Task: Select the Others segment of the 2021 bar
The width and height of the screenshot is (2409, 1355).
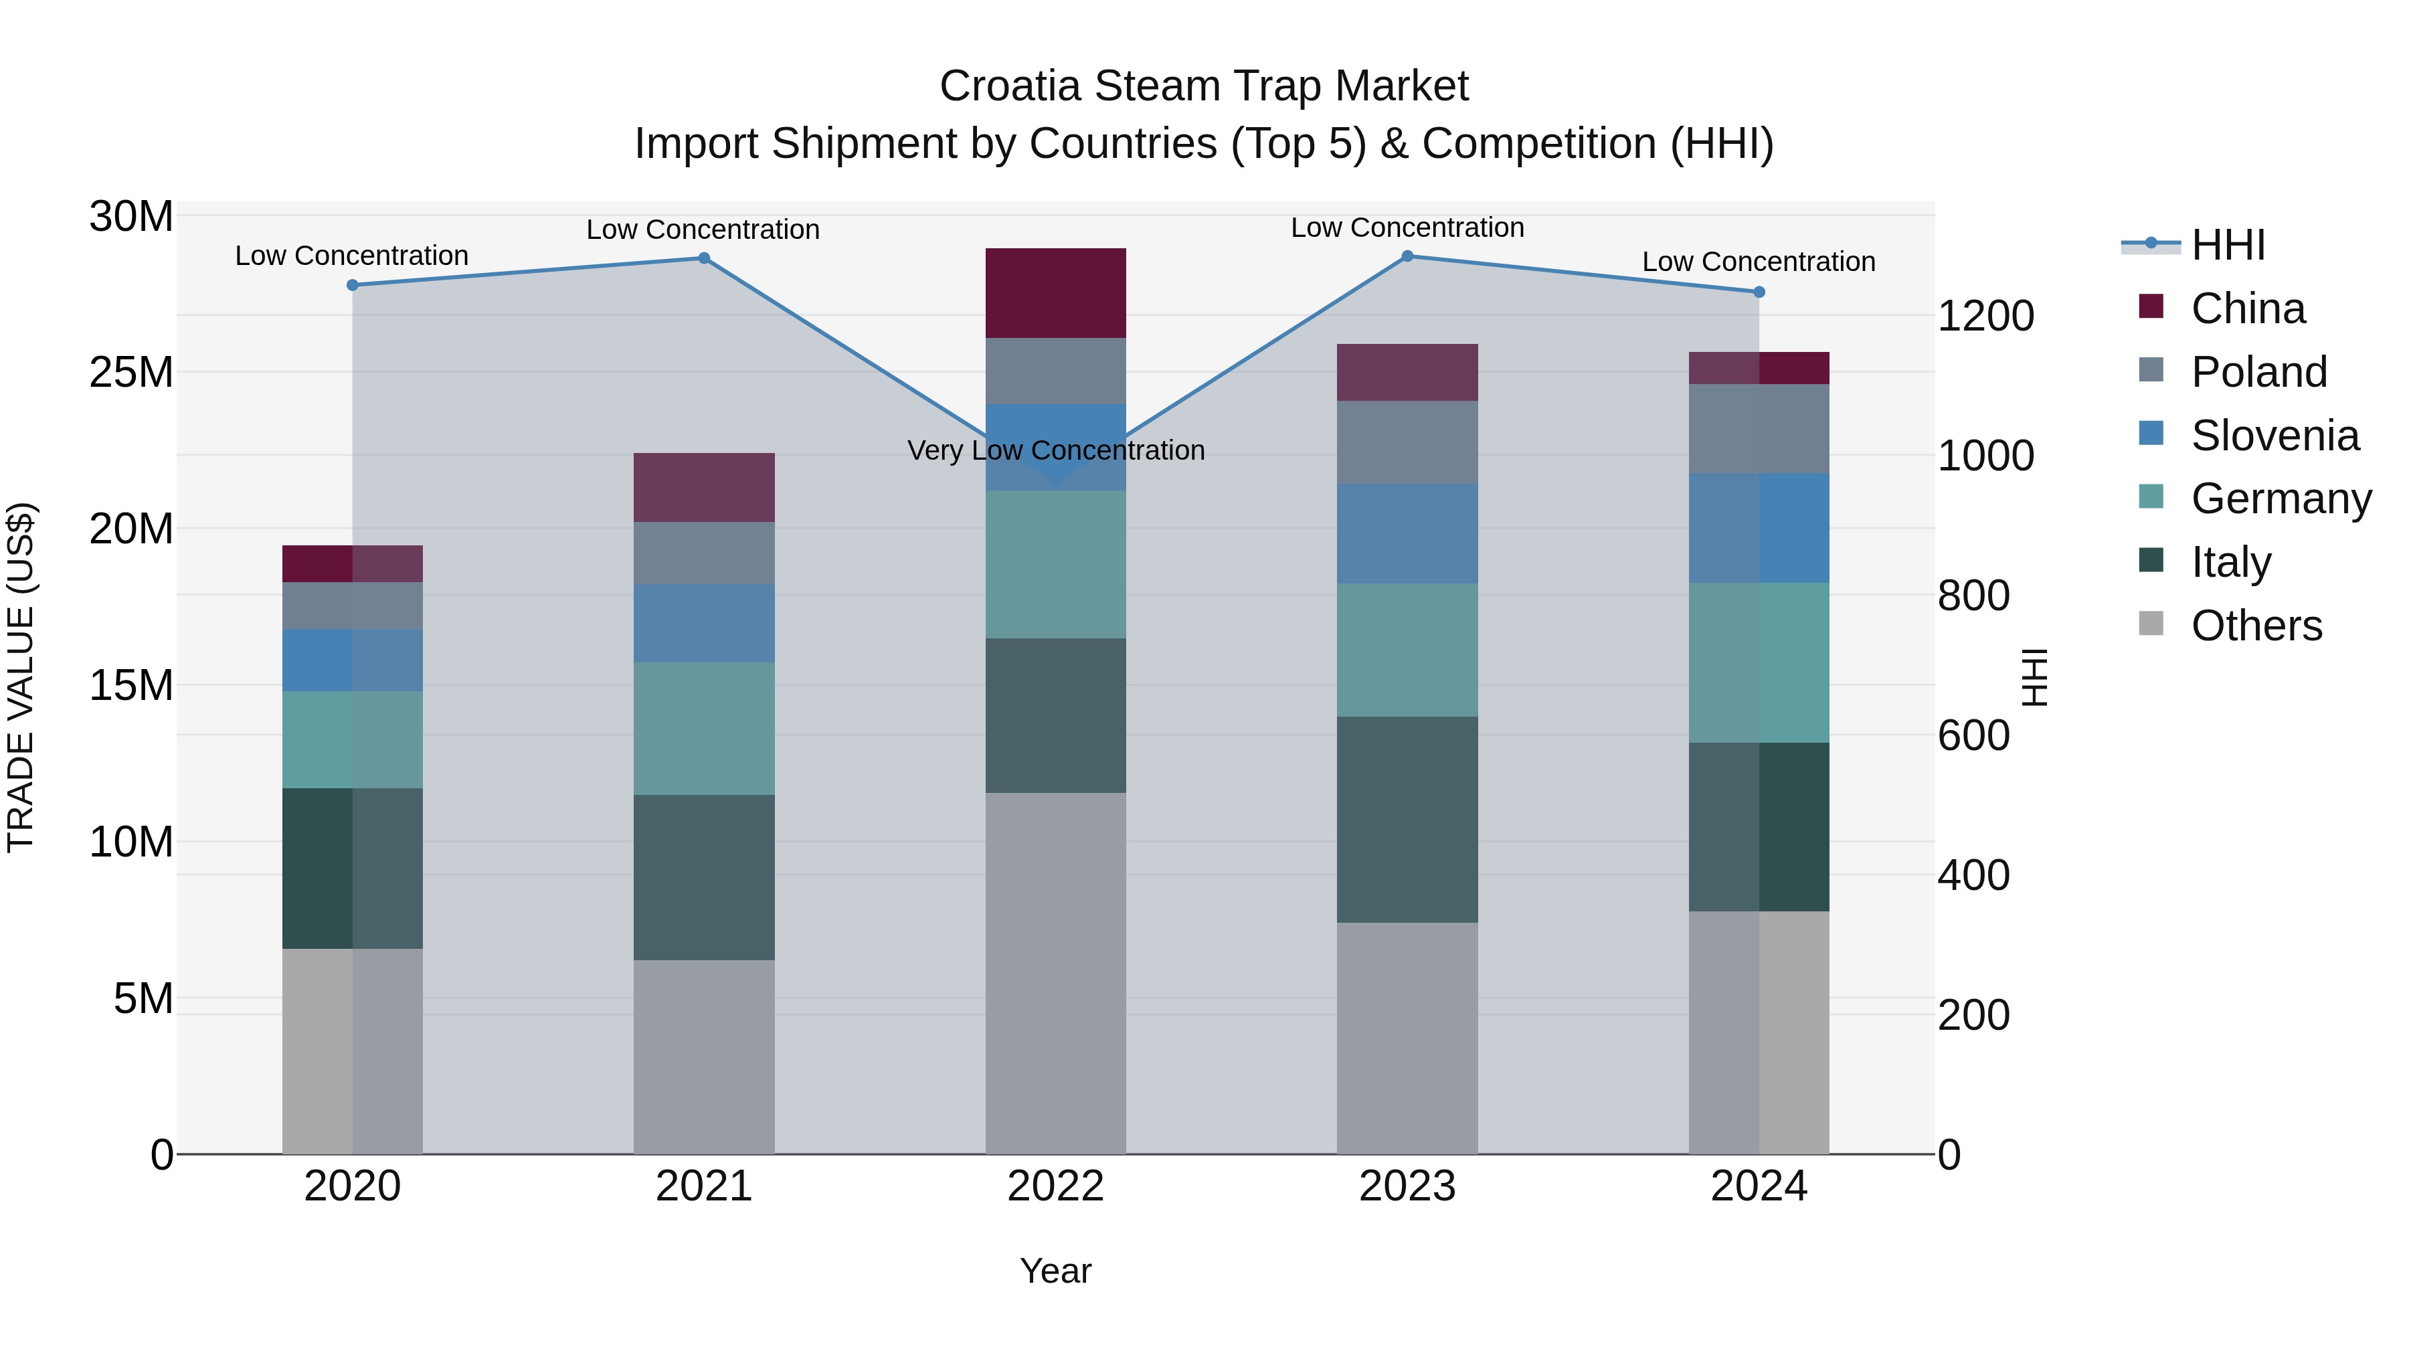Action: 703,1056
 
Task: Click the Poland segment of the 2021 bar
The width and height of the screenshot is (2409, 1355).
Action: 703,553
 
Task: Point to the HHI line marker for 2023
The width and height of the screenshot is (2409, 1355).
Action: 1407,256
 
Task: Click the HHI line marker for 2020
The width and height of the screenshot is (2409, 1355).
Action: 353,285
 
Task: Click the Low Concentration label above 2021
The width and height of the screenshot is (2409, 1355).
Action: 703,230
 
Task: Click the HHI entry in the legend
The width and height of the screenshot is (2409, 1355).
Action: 2228,245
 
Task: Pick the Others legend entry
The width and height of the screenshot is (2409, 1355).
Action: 2256,626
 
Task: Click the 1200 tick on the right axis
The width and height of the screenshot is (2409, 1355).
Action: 1985,316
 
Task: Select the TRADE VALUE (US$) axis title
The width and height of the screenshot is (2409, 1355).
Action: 21,677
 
